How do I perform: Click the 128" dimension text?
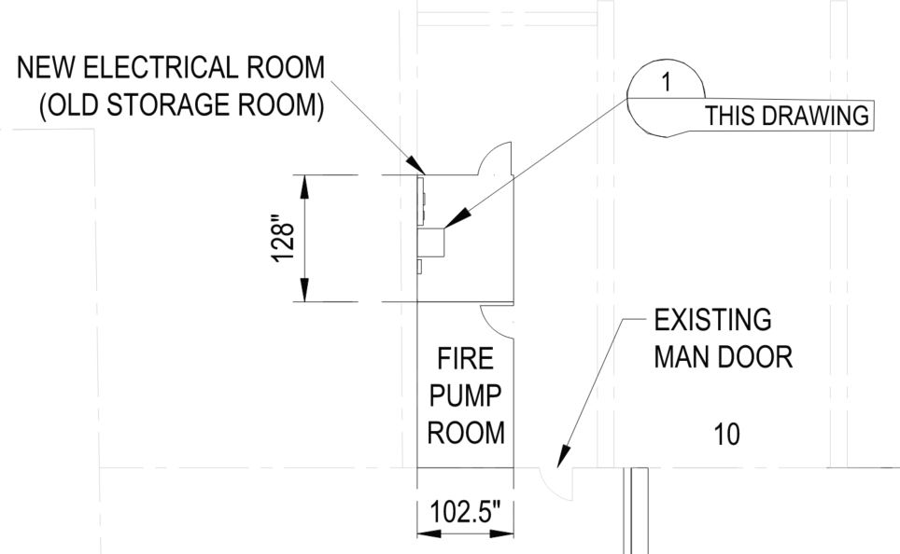pyautogui.click(x=284, y=240)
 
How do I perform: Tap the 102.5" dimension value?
pyautogui.click(x=465, y=514)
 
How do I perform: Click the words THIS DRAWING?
pyautogui.click(x=786, y=118)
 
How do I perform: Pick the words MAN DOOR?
pyautogui.click(x=724, y=358)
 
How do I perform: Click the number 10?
pyautogui.click(x=726, y=435)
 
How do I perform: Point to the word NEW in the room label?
pyautogui.click(x=46, y=69)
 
